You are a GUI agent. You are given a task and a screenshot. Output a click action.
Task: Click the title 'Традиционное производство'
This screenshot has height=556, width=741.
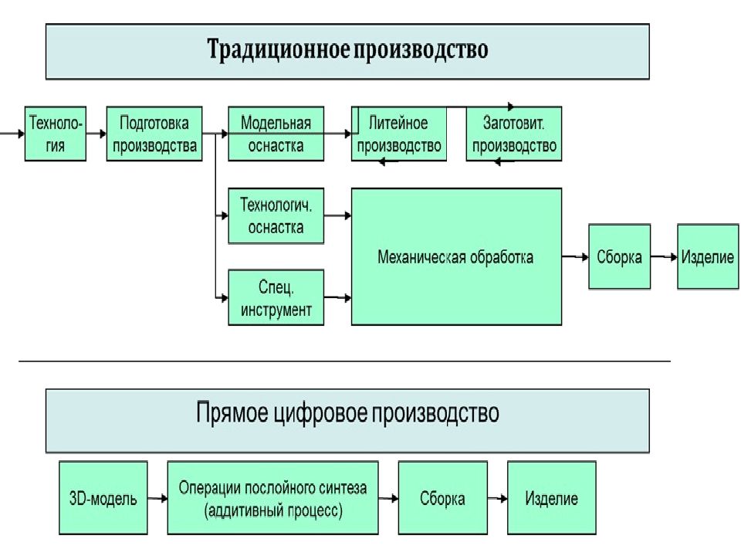pos(347,49)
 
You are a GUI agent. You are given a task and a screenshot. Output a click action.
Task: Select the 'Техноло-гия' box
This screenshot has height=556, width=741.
pos(56,134)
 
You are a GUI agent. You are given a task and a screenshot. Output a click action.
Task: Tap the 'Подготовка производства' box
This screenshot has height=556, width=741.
pos(154,134)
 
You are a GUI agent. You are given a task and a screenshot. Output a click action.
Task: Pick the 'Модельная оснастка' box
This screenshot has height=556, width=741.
pos(276,134)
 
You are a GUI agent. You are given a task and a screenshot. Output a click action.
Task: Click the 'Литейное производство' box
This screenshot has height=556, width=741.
pos(399,134)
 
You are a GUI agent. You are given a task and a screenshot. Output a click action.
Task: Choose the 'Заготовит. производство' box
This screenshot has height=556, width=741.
pos(514,134)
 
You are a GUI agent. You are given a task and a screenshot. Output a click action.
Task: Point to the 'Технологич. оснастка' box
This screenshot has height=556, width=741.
pos(276,216)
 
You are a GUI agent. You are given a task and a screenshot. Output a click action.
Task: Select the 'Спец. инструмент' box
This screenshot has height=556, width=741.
pos(276,297)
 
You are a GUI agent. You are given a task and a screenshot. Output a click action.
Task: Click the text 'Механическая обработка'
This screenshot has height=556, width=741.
pos(455,257)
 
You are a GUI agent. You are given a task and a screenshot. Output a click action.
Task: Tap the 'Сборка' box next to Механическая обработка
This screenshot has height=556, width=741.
pos(620,256)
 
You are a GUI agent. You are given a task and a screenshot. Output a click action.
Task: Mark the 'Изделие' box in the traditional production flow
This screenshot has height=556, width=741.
pos(708,256)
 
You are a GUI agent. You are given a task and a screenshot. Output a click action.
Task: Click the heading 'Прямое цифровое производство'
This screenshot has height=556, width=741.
pos(347,412)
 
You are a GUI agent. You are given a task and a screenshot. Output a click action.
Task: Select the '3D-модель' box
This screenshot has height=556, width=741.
pos(103,498)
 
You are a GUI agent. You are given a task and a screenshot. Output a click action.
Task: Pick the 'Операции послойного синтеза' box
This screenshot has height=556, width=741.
pos(272,498)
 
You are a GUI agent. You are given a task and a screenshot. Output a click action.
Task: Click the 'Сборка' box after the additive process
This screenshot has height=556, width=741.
pos(443,498)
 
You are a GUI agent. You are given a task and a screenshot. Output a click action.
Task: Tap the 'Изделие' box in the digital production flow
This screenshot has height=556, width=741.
pos(551,498)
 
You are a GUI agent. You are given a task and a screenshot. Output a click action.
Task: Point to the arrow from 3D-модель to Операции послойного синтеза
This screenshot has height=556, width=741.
pos(157,498)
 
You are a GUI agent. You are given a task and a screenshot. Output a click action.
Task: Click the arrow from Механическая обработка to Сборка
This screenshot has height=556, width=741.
pos(575,256)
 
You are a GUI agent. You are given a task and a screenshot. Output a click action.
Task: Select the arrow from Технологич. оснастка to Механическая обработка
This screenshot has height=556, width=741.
pos(338,215)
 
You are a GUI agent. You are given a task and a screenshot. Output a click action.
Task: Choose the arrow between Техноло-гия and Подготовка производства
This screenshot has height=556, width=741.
pos(96,134)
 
